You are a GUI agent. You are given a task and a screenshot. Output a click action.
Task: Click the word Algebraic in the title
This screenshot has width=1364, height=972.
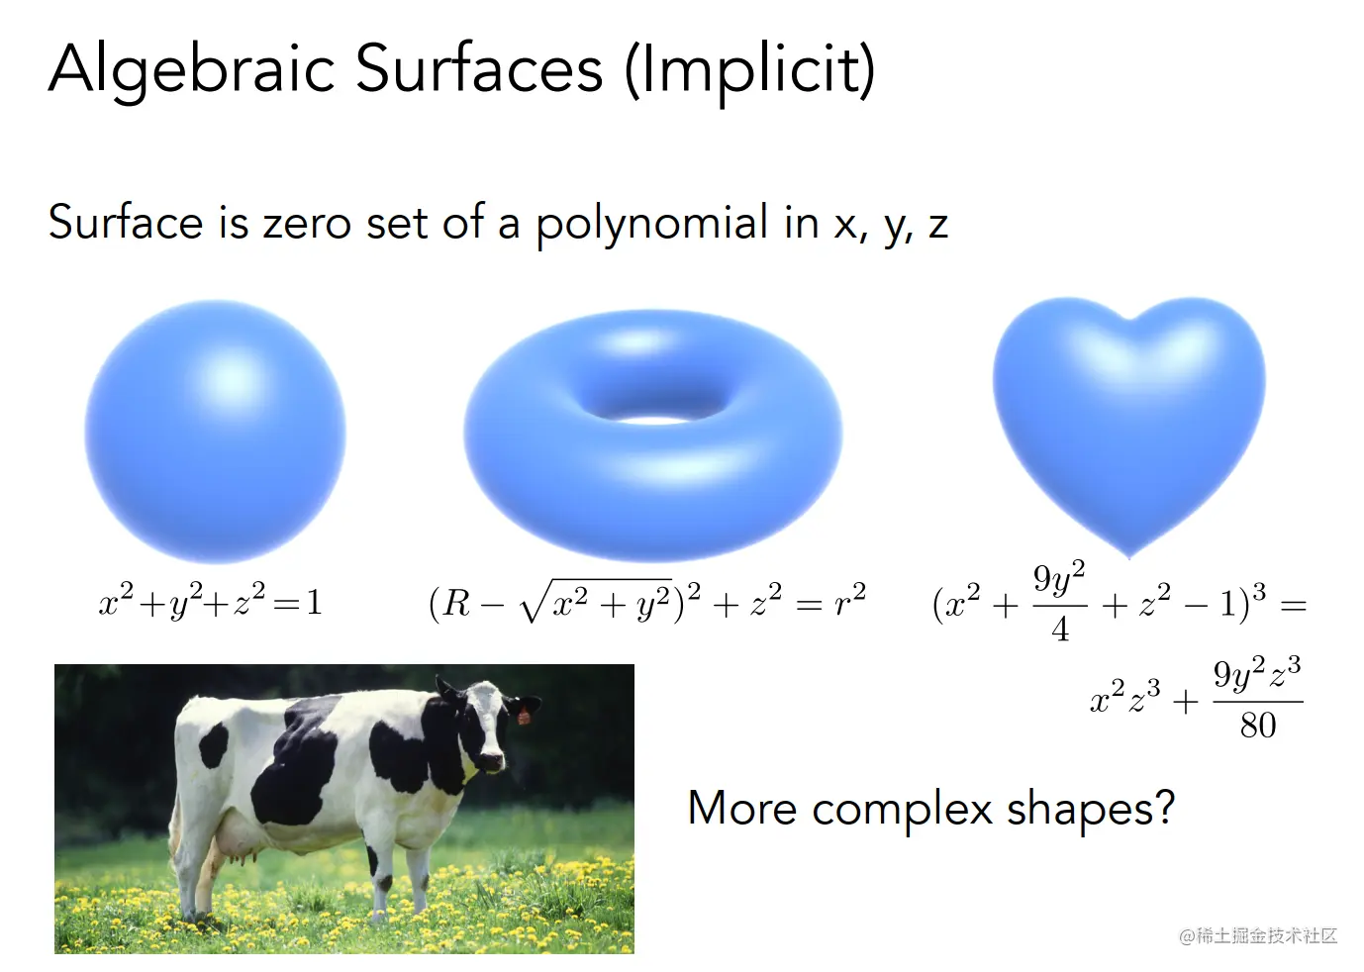click(192, 70)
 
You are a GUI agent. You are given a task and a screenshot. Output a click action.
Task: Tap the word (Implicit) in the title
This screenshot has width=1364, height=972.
click(750, 70)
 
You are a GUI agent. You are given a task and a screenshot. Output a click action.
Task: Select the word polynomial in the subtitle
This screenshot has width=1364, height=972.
click(651, 223)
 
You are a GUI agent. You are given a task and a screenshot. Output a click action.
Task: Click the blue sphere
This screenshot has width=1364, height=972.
click(215, 432)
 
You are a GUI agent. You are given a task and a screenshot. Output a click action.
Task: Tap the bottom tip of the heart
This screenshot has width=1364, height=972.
click(1129, 556)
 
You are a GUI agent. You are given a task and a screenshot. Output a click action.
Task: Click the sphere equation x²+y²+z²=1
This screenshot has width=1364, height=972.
click(210, 601)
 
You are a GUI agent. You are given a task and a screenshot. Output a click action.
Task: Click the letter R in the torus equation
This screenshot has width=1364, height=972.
click(456, 604)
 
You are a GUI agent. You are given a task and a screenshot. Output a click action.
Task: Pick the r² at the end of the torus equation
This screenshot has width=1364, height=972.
click(850, 599)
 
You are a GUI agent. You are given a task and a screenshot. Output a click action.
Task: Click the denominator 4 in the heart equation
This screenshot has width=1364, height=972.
click(1060, 629)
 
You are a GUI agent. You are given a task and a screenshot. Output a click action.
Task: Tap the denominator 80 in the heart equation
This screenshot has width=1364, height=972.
click(1258, 726)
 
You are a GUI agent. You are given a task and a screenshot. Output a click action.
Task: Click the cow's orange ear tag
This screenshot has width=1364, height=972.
click(523, 716)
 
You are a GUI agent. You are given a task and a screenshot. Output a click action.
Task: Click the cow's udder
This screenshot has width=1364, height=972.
click(241, 843)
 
